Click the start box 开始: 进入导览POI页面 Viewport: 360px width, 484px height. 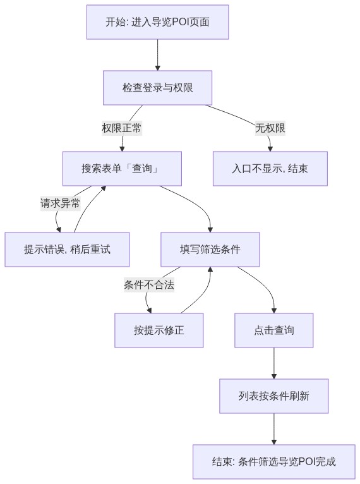tap(157, 22)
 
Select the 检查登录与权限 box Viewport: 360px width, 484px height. tap(157, 88)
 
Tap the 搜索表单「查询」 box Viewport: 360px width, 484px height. tap(122, 169)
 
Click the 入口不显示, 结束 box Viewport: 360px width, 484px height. tap(270, 169)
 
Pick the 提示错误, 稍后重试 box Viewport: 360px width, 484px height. tap(67, 250)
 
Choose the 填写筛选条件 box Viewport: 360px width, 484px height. tap(210, 250)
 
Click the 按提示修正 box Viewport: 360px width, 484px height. tap(159, 330)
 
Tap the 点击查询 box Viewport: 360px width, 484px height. tap(274, 330)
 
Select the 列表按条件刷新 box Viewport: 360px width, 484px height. tap(274, 396)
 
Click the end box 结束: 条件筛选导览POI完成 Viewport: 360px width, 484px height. tap(274, 462)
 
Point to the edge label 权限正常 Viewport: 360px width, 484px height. tap(122, 128)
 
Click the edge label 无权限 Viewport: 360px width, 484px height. tap(270, 128)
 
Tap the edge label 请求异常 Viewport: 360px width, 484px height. tap(61, 203)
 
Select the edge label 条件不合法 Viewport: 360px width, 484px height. tap(149, 284)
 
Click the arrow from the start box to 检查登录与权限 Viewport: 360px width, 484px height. tap(158, 55)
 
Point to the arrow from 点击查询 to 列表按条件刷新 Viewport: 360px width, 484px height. tap(274, 363)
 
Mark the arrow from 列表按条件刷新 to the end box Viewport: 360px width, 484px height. tap(274, 429)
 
